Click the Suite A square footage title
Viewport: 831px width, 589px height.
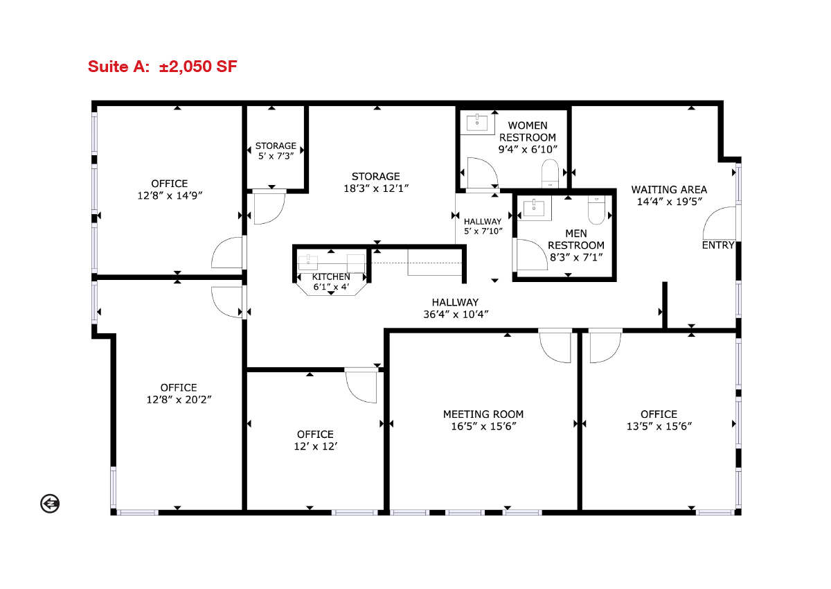[x=163, y=67]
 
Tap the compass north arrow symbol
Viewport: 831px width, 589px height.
[x=50, y=504]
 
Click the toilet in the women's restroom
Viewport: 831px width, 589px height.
[x=550, y=173]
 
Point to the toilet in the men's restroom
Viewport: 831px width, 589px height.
[x=596, y=210]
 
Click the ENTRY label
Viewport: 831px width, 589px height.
[x=718, y=245]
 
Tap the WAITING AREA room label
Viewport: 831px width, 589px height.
[x=669, y=190]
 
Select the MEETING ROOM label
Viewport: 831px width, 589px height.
[x=483, y=414]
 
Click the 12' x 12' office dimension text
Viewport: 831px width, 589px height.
[x=315, y=446]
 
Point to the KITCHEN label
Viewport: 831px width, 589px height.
[x=331, y=277]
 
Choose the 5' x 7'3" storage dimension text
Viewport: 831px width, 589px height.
[x=276, y=156]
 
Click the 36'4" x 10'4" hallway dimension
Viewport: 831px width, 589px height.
[x=456, y=315]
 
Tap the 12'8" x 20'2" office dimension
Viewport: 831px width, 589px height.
[x=179, y=399]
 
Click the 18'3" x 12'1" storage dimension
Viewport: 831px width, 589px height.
[x=376, y=188]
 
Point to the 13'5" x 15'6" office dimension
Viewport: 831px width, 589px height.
[x=659, y=426]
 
